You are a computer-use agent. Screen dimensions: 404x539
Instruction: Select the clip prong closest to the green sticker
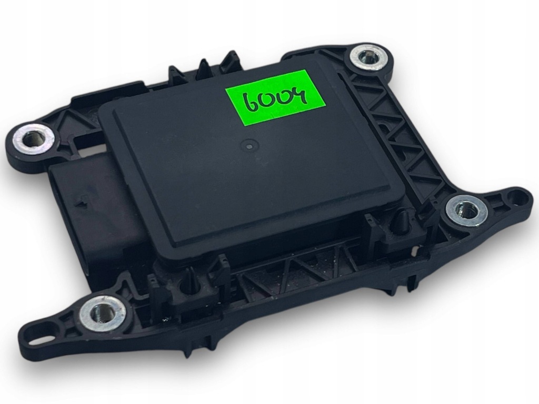(230, 60)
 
